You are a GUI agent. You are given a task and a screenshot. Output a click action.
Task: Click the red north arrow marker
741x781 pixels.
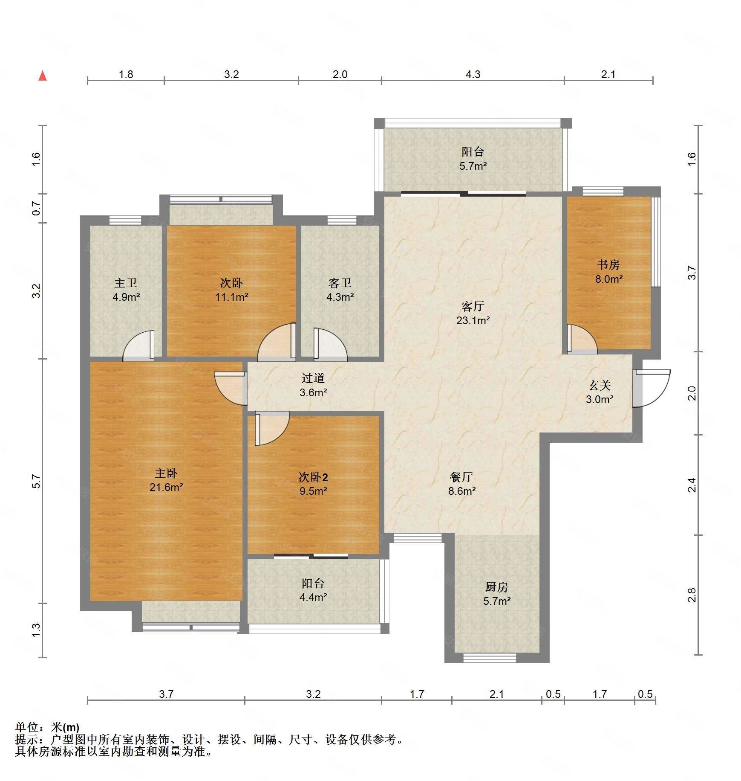click(43, 76)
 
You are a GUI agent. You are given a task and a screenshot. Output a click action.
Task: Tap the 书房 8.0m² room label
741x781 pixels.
click(608, 272)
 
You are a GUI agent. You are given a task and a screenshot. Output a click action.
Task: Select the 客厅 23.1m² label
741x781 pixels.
click(473, 313)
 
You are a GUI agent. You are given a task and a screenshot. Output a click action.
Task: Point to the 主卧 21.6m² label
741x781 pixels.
click(166, 480)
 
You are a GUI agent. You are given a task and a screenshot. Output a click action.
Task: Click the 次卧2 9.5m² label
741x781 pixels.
click(313, 484)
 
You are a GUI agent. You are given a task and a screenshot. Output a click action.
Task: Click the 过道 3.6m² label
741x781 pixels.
click(313, 385)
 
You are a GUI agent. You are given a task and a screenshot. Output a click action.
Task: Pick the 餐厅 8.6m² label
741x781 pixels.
click(461, 484)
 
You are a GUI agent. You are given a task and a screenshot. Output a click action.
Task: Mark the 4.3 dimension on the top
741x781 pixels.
click(473, 75)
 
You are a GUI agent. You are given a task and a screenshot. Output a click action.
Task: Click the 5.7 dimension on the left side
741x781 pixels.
click(37, 482)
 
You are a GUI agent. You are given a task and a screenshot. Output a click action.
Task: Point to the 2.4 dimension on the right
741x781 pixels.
click(692, 485)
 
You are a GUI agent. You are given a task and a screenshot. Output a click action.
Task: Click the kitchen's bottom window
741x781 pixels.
click(490, 658)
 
